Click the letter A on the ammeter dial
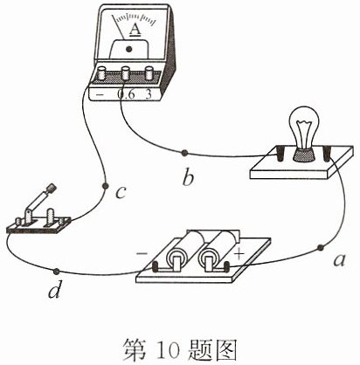tap(135, 30)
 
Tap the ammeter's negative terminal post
tap(102, 73)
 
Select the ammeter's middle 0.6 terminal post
tap(126, 73)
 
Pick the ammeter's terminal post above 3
tap(149, 73)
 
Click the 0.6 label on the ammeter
tap(126, 94)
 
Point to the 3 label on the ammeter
tap(149, 94)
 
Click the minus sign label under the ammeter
tap(100, 94)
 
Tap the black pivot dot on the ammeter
tap(129, 49)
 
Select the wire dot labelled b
tap(184, 153)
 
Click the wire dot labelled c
tap(106, 185)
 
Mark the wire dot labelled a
tap(321, 248)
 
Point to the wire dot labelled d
tap(56, 272)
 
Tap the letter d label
tap(55, 289)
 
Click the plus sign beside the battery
tap(239, 254)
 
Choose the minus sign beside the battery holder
tap(142, 254)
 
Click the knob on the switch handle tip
tap(52, 188)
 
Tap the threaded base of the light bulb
tap(304, 155)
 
